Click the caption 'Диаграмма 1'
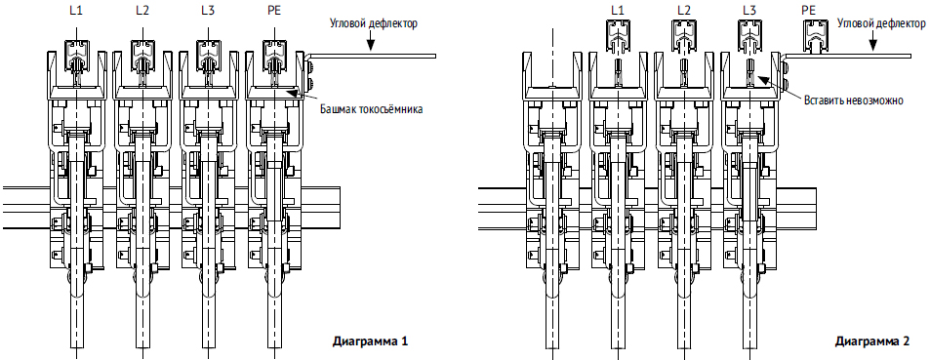370,341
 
